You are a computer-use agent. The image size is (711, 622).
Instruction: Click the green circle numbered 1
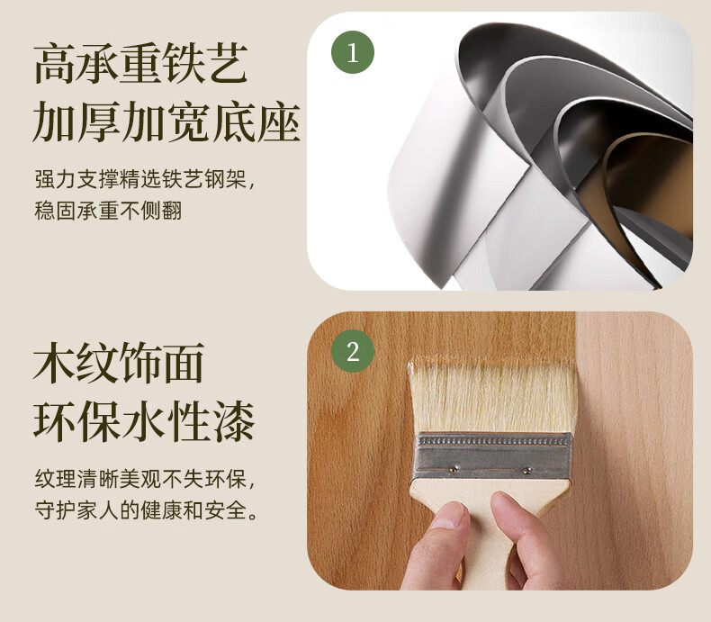click(x=353, y=52)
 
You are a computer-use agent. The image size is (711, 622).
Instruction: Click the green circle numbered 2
click(x=353, y=351)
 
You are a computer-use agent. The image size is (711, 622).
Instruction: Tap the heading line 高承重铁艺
click(x=141, y=64)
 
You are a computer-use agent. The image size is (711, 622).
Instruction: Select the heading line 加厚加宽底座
click(x=166, y=122)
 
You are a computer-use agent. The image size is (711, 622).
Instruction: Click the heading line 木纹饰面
click(x=119, y=363)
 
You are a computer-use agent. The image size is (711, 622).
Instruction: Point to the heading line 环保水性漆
click(x=144, y=421)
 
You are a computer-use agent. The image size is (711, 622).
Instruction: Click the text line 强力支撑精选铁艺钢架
click(x=145, y=178)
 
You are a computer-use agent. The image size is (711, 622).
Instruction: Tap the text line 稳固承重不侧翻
click(x=108, y=211)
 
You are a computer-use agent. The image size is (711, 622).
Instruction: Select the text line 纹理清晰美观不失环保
click(x=145, y=479)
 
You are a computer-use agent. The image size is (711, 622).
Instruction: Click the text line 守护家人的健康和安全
click(x=147, y=510)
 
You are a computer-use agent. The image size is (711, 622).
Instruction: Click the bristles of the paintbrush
click(x=492, y=395)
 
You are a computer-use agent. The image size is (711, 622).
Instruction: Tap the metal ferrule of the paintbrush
click(x=492, y=455)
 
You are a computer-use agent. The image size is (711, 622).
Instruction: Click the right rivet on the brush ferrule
click(x=526, y=470)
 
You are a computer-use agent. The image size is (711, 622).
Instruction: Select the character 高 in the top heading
click(x=55, y=64)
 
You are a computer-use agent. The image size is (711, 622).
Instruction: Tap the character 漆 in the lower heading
click(x=233, y=421)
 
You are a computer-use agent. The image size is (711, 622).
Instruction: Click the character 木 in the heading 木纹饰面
click(x=54, y=363)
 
